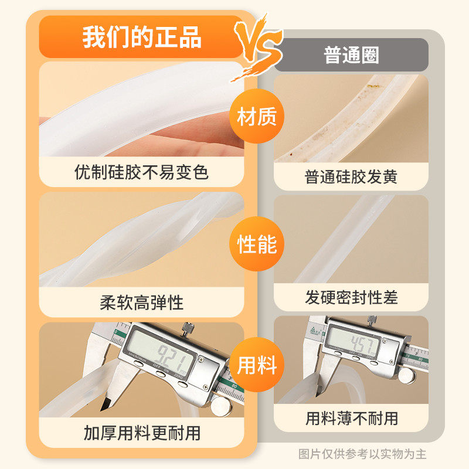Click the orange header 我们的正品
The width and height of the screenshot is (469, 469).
(142, 37)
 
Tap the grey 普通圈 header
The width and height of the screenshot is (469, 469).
(351, 55)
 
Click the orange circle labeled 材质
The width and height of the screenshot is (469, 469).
(256, 117)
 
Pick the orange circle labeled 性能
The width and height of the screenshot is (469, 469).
(256, 244)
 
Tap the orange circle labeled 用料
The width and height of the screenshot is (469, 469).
(256, 366)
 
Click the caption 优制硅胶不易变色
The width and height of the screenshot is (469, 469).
(142, 172)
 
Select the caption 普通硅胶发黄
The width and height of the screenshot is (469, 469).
(351, 176)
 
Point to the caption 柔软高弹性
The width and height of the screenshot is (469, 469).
(142, 303)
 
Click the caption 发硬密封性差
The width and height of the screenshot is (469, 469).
(351, 297)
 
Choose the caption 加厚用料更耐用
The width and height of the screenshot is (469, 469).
(142, 433)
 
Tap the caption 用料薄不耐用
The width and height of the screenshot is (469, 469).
(351, 418)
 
